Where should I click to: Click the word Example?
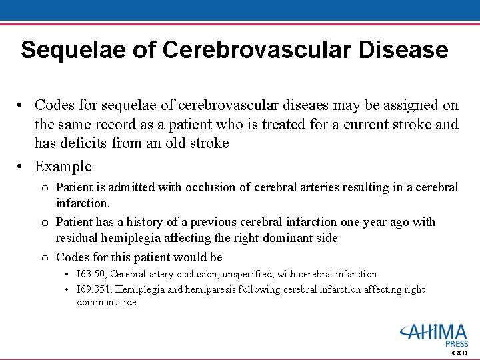point(63,167)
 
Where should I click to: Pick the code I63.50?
point(91,274)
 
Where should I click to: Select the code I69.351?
point(93,289)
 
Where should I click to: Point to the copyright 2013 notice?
point(459,353)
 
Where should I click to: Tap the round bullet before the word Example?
point(22,167)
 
